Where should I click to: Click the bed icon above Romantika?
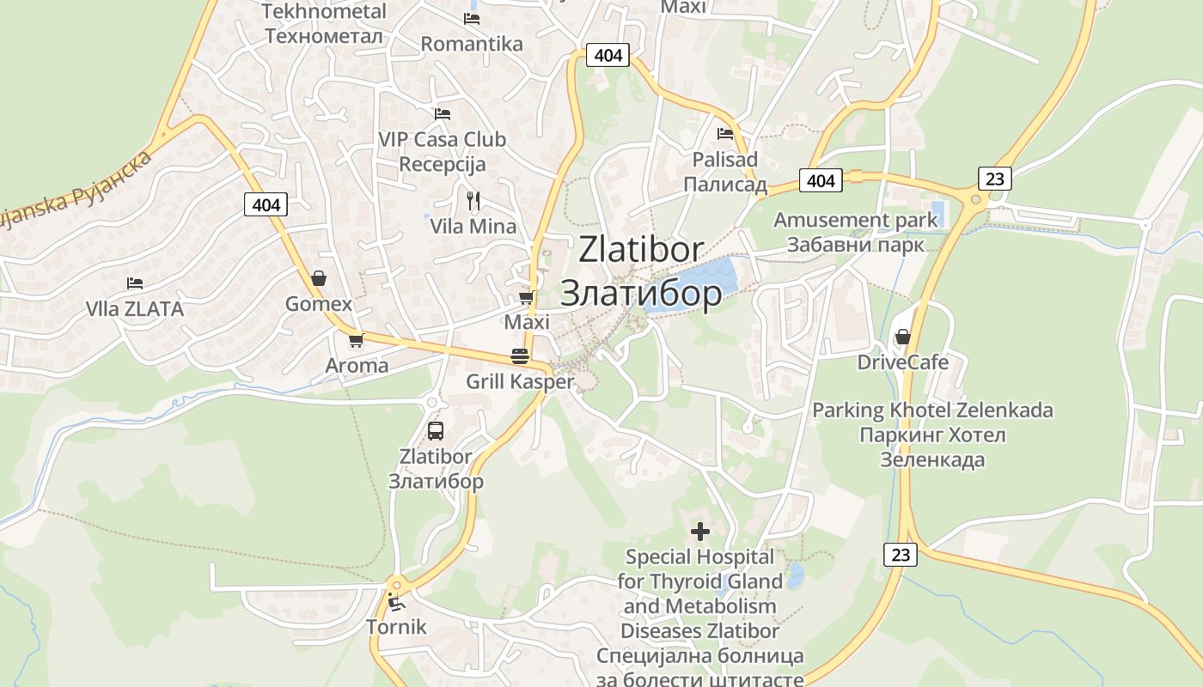point(472,18)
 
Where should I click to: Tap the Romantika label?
point(472,44)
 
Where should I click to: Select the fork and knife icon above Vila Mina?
point(473,201)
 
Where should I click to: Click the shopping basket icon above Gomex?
point(319,278)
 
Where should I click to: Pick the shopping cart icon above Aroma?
point(357,340)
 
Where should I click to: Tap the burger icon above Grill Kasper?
point(520,356)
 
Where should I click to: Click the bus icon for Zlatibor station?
point(436,431)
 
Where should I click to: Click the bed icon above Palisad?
point(725,134)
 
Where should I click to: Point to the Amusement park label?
point(856,220)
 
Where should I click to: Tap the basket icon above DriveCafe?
point(903,337)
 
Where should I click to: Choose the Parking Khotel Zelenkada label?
point(933,410)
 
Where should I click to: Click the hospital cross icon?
point(700,532)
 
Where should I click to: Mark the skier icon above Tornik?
point(396,601)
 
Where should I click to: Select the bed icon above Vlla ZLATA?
point(134,283)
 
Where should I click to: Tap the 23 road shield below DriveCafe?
point(901,555)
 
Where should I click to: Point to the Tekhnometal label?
point(323,12)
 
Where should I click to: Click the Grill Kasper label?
point(520,381)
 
